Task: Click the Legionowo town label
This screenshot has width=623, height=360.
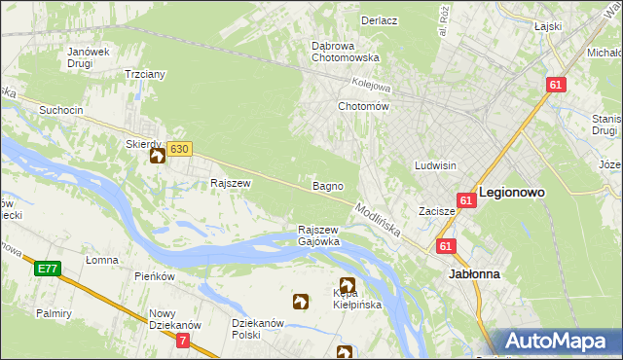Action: pos(511,193)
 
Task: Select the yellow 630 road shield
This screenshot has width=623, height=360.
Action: pos(178,149)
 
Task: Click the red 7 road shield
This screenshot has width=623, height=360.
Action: pos(184,340)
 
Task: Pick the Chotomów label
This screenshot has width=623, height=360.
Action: pos(363,106)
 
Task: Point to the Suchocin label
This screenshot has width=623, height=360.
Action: pos(60,110)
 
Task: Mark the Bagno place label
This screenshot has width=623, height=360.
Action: pos(325,185)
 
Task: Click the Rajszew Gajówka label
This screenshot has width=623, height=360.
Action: pos(318,235)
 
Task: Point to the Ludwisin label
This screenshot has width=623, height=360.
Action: pos(435,165)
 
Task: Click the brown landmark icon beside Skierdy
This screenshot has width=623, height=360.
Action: pos(157,155)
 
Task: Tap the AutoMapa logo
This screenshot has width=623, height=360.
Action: pos(563,342)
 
